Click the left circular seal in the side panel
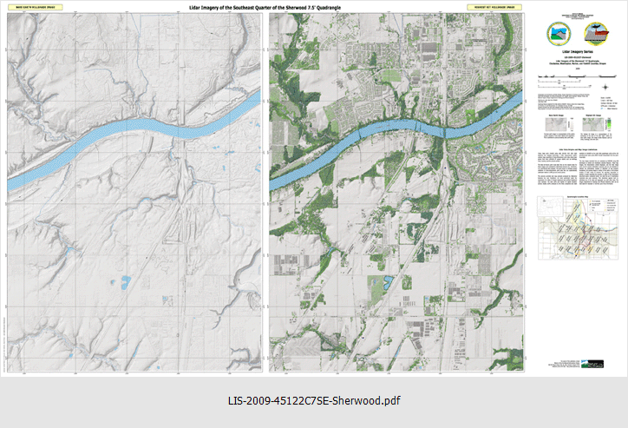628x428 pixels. coord(555,32)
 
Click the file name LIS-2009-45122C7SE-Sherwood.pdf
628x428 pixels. coord(313,401)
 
